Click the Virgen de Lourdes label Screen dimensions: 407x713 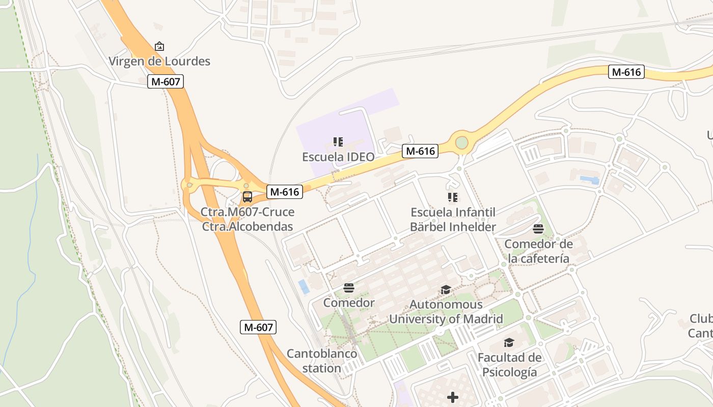coord(159,62)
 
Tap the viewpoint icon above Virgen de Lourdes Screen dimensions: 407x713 coord(159,46)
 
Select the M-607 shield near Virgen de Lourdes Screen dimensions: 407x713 coord(166,81)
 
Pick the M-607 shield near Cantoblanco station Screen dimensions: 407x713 coord(258,327)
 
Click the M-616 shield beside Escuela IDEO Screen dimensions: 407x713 coord(420,151)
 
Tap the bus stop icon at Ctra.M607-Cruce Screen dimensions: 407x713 coord(248,196)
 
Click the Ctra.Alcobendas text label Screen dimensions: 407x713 coord(248,226)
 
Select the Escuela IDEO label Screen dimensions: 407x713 coord(338,157)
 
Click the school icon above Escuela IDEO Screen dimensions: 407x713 coord(338,142)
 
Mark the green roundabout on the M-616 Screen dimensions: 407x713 coord(461,142)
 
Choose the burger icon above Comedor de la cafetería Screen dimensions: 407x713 coord(538,229)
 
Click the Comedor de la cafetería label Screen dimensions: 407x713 coord(538,251)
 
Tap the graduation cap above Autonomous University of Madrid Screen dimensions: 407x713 coord(446,290)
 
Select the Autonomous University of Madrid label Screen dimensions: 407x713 coord(446,312)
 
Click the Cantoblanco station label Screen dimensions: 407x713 coord(322,361)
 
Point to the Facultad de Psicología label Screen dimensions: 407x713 coord(509,364)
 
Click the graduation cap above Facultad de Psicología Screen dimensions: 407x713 coord(509,342)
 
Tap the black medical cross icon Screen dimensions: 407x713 coord(453,397)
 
